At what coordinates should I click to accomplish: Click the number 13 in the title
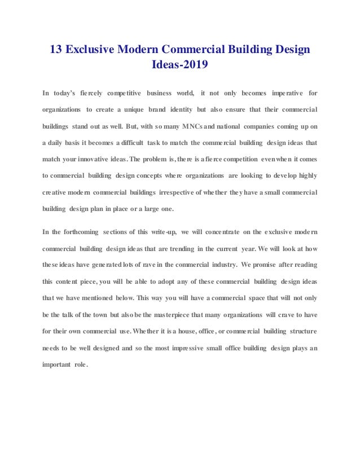[56, 50]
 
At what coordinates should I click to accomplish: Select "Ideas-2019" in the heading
[180, 66]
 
